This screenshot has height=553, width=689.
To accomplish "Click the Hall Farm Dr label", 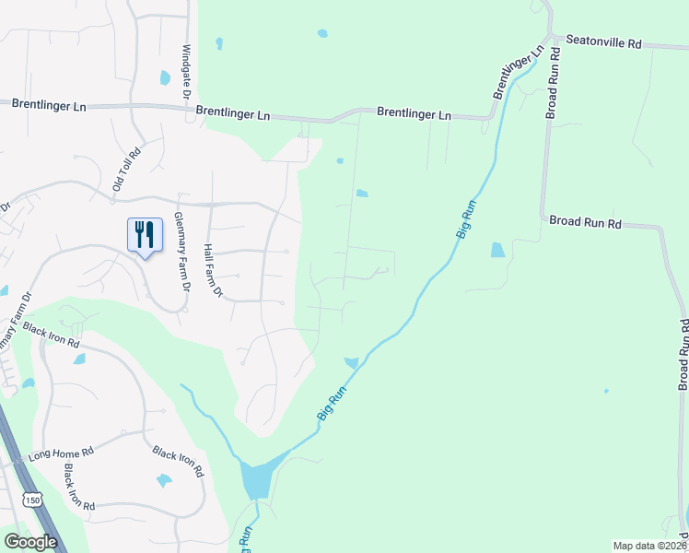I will tap(214, 270).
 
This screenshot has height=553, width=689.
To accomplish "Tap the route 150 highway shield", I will tap(33, 500).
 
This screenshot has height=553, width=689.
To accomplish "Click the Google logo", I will tap(29, 541).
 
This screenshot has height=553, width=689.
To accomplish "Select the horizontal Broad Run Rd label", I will tap(586, 222).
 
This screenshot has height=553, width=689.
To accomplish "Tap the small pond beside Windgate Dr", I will tap(165, 78).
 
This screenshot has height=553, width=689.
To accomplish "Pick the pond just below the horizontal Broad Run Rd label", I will tap(497, 249).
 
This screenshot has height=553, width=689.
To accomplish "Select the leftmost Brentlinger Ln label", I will tap(49, 105).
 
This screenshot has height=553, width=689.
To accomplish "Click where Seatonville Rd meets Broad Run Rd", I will tap(553, 39).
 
